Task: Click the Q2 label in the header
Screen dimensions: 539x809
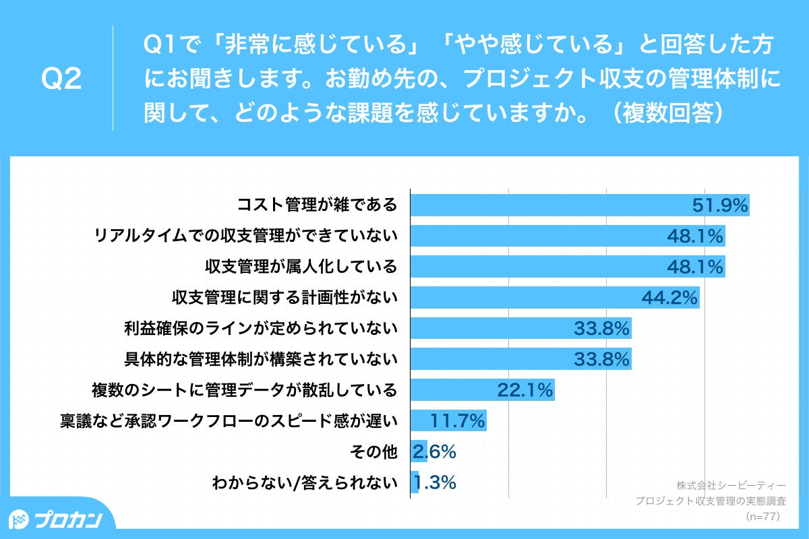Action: click(x=61, y=80)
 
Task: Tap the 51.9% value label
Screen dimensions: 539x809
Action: click(x=721, y=205)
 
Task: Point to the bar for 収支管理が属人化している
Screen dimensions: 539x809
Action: click(x=539, y=267)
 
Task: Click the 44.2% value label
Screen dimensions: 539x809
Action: click(x=669, y=297)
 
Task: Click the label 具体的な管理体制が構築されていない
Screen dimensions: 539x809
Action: click(x=260, y=359)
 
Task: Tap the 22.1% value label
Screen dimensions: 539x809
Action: click(x=525, y=390)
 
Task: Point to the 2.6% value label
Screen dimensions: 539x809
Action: click(x=435, y=452)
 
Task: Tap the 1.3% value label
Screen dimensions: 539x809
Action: click(x=435, y=482)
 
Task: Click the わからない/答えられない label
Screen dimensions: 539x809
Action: click(x=304, y=482)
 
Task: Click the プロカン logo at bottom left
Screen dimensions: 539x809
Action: click(x=57, y=519)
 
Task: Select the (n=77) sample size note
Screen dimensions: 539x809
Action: click(x=762, y=517)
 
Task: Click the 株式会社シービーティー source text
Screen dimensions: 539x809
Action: click(x=731, y=485)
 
